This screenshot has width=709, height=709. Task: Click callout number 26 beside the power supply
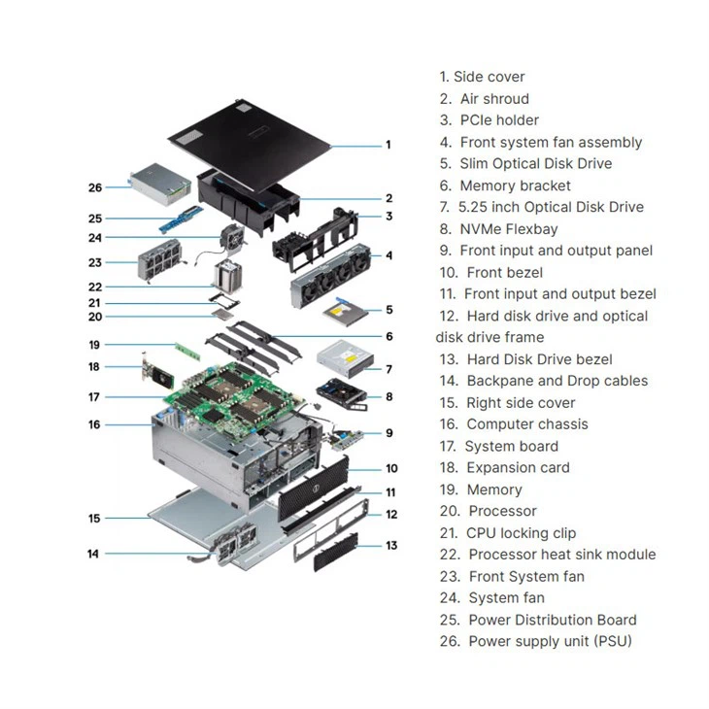coord(94,187)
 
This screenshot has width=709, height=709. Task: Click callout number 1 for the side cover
coord(388,145)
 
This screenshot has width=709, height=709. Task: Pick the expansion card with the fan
coord(154,369)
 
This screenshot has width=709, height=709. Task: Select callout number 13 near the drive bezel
coord(391,546)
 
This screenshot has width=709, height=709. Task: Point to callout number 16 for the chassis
coord(94,424)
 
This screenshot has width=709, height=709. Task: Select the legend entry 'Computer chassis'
coord(526,424)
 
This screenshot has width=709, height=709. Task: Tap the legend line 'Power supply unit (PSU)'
coord(550,641)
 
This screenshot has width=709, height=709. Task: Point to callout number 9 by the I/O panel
coord(388,433)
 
